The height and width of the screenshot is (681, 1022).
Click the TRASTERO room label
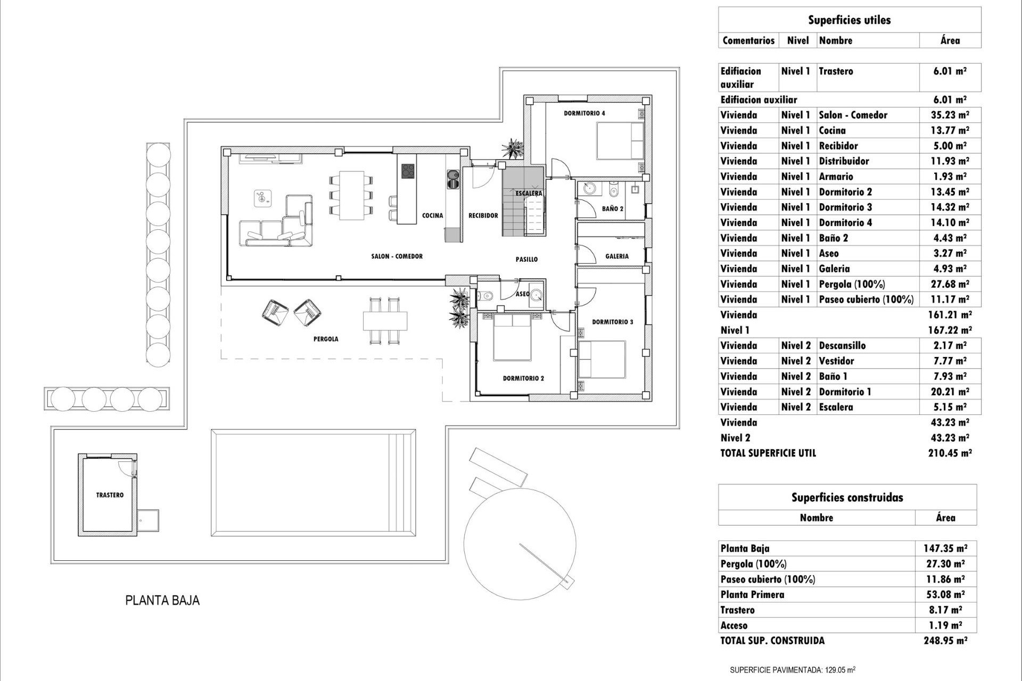110,495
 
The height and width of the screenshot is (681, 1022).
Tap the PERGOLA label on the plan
326,339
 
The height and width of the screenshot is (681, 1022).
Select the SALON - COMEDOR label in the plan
397,256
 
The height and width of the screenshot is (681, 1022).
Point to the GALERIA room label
617,256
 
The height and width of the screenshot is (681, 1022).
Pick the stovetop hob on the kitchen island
408,171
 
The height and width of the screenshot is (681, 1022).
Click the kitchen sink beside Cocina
453,179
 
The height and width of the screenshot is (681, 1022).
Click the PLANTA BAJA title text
162,601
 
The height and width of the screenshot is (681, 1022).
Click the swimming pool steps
402,483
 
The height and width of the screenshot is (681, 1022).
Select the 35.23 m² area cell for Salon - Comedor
950,115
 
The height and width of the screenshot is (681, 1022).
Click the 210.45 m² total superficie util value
950,453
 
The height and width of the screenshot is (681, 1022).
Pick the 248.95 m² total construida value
945,641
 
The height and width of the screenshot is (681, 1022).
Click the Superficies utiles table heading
849,20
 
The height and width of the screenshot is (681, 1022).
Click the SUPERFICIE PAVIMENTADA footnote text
792,670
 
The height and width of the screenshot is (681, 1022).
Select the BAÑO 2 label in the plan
613,209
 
